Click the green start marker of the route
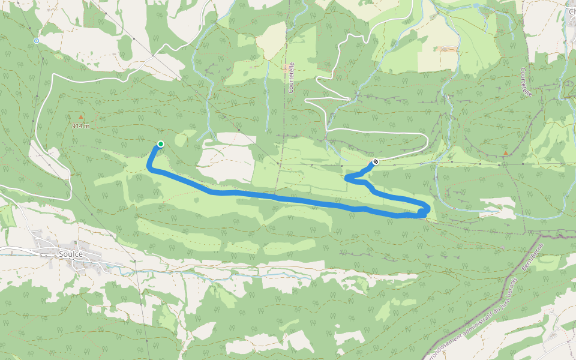(161, 143)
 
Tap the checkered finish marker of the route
(376, 161)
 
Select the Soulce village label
(71, 254)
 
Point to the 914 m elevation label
(80, 126)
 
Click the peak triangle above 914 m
(81, 117)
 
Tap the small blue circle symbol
(37, 41)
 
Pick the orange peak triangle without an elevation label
(505, 153)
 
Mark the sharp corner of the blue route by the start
(149, 169)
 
